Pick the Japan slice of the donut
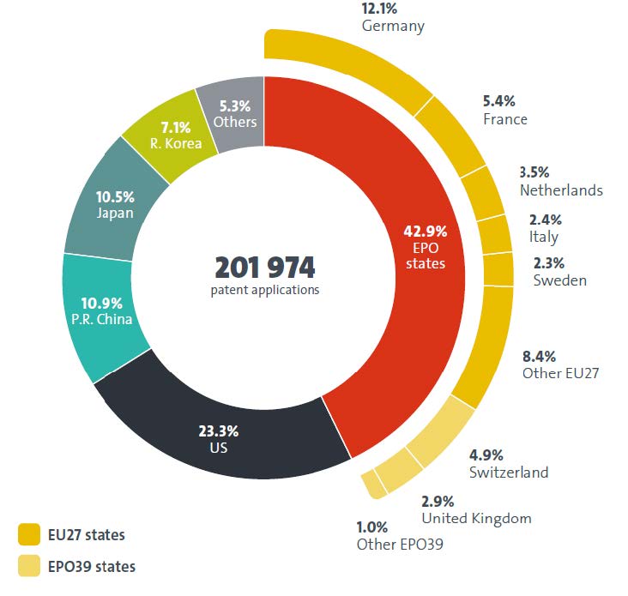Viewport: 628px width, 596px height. tap(117, 206)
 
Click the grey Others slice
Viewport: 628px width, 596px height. tap(232, 107)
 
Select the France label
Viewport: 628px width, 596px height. tap(504, 119)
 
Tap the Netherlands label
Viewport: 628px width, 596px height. tap(561, 190)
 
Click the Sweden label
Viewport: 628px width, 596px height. tap(559, 280)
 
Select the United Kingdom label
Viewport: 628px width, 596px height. tap(476, 518)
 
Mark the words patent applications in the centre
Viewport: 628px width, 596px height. tap(264, 290)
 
